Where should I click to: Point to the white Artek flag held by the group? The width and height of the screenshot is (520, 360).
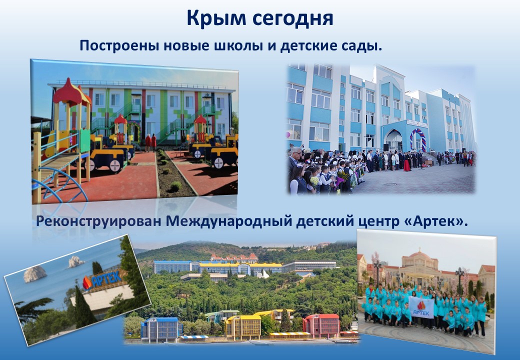[x=421, y=307]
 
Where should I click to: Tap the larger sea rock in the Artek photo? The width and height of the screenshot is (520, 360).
[x=35, y=274]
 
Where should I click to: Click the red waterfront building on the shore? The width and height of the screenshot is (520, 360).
[x=321, y=325]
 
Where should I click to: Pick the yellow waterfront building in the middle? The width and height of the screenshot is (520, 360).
[x=243, y=327]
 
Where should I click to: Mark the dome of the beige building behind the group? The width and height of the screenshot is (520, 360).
[x=419, y=255]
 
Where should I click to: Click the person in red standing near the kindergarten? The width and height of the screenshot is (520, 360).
[x=148, y=142]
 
